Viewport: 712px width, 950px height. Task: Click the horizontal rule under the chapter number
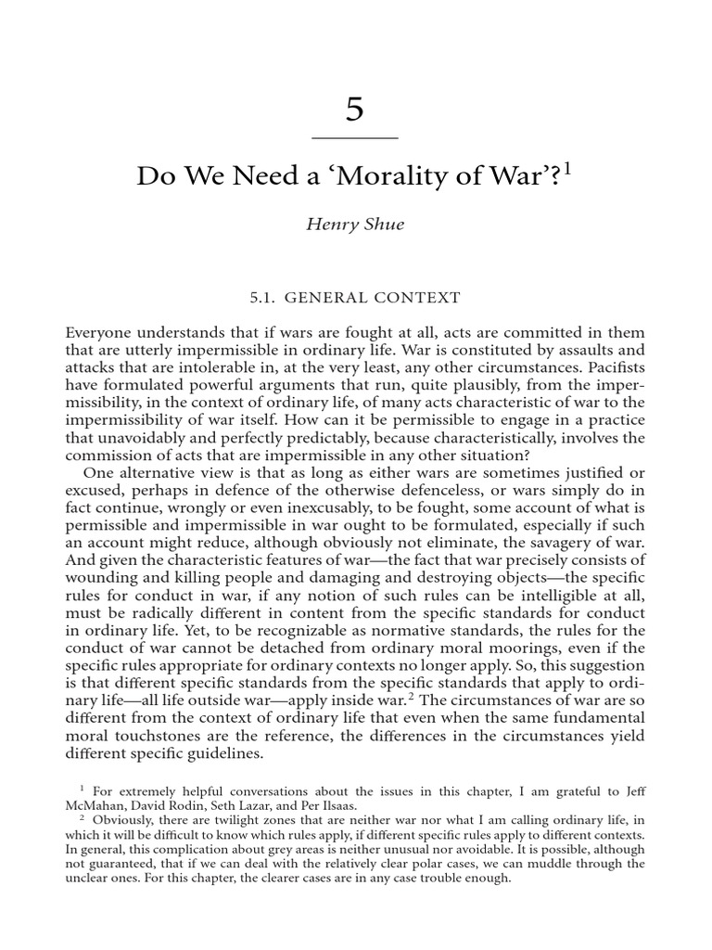[x=355, y=138]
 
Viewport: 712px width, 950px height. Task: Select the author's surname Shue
[x=384, y=225]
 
